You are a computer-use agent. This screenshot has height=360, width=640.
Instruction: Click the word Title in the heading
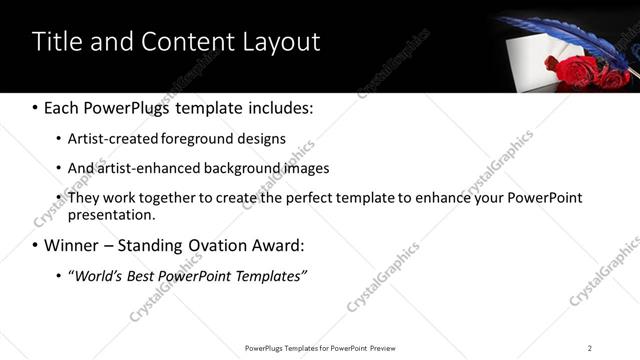tap(56, 42)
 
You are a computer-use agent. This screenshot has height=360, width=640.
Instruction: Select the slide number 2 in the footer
tap(590, 348)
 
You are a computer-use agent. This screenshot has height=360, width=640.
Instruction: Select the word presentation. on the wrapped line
tap(111, 214)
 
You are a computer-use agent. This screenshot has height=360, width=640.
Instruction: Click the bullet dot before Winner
tap(36, 246)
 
